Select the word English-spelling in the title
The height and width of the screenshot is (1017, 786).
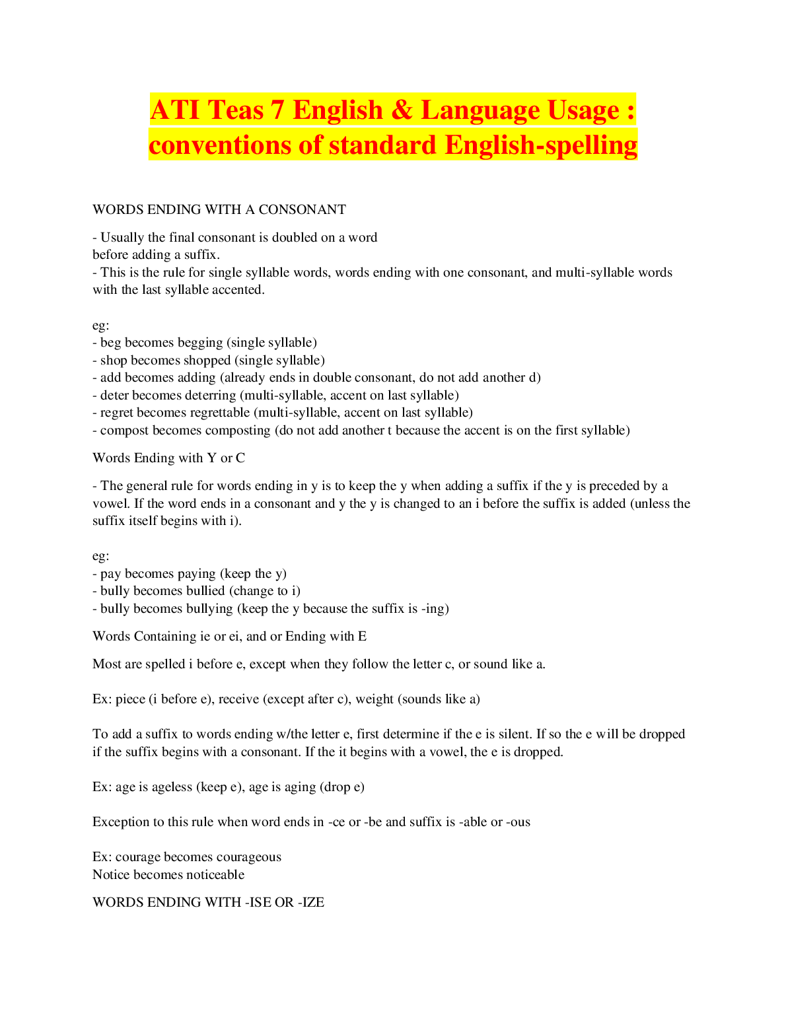click(541, 146)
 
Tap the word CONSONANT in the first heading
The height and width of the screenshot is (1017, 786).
click(302, 209)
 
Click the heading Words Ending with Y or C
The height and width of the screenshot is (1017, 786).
click(168, 458)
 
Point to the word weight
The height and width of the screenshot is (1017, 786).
click(375, 699)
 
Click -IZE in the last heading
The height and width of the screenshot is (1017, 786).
click(311, 903)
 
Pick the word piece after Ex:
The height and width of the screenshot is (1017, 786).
click(130, 699)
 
